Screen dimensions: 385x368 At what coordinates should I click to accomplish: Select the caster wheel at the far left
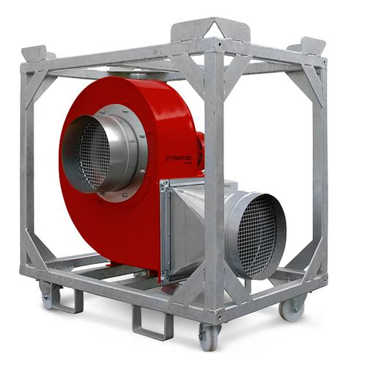tap(48, 296)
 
